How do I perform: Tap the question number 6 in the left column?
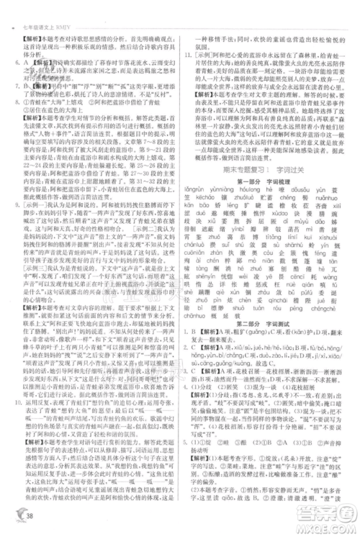(14, 62)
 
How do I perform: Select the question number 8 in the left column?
(14, 106)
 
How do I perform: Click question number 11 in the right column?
(186, 54)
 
